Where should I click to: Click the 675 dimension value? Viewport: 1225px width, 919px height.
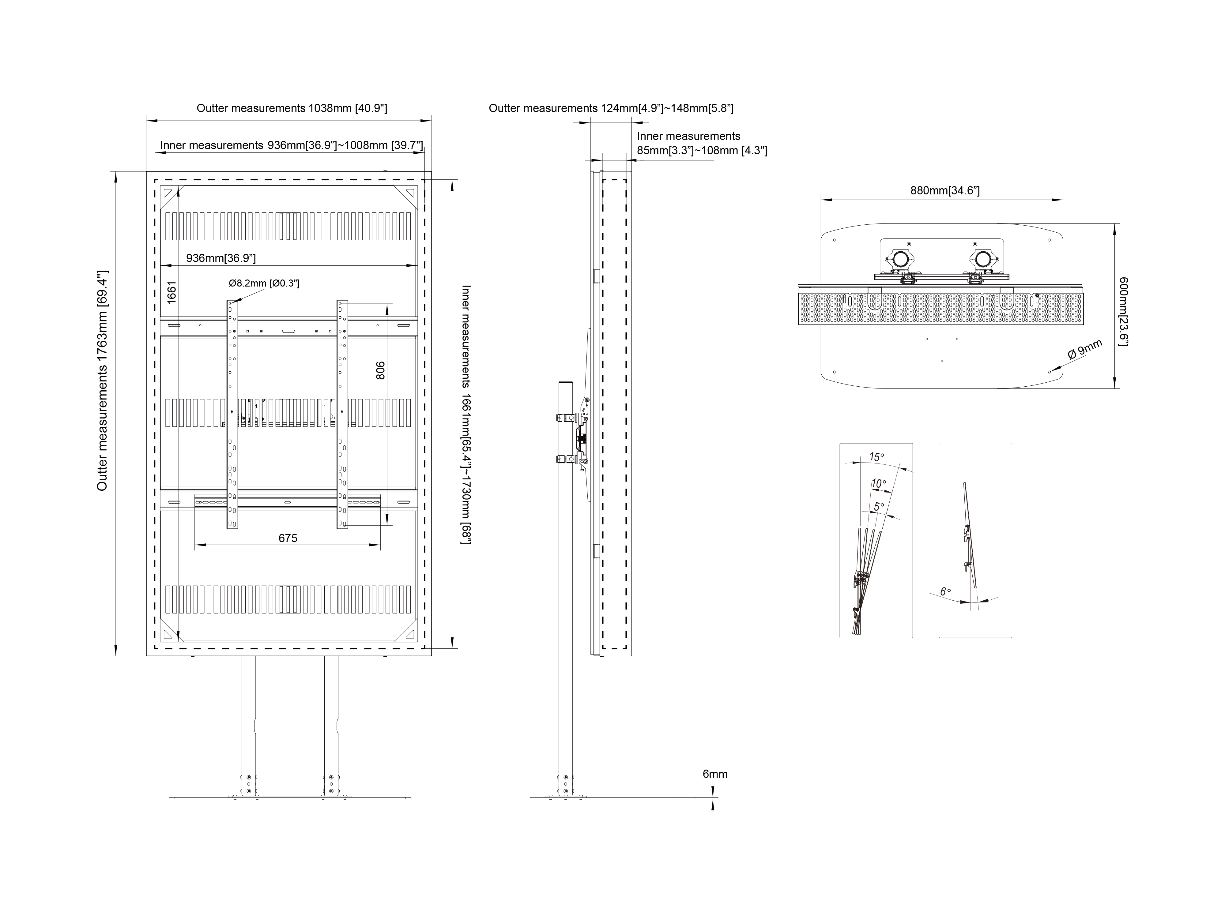tap(288, 538)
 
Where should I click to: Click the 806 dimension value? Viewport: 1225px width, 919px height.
tap(380, 370)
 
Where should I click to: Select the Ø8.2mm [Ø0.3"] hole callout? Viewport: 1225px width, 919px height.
tap(264, 283)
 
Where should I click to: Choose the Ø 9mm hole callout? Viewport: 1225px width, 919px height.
tap(1085, 350)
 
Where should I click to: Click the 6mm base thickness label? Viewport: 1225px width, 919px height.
tap(715, 774)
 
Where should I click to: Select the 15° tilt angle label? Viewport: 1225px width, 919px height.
tap(877, 457)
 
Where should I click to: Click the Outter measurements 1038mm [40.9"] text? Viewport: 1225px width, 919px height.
tap(292, 108)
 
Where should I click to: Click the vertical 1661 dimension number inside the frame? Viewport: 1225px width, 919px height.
tap(172, 292)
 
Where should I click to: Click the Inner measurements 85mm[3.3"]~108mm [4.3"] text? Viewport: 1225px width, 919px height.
tap(702, 143)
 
